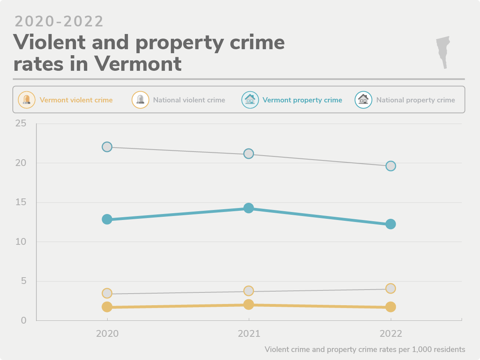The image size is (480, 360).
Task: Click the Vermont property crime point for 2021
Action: [249, 208]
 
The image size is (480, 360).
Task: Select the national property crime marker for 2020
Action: [107, 147]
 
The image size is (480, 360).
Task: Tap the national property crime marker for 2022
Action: [391, 166]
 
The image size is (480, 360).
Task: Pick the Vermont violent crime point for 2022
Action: [391, 307]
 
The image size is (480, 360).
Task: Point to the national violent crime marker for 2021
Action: [249, 291]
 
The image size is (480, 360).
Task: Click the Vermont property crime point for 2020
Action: [107, 219]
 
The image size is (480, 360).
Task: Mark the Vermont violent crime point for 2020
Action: [107, 307]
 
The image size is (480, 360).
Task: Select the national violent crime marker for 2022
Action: [391, 288]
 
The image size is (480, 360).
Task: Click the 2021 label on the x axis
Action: [249, 334]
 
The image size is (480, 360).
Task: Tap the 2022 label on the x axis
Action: [391, 334]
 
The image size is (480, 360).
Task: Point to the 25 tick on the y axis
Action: [20, 124]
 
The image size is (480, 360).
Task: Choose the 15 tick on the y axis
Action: [20, 202]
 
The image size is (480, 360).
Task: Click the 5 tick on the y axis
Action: [23, 281]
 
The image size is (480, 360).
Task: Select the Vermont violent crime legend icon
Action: [27, 100]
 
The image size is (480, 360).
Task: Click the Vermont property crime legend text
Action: [302, 100]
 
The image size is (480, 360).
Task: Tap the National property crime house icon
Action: [363, 100]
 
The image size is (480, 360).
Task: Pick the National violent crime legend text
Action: [189, 100]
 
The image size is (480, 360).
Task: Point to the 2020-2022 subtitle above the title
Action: [59, 22]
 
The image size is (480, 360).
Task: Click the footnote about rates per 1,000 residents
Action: [364, 349]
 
